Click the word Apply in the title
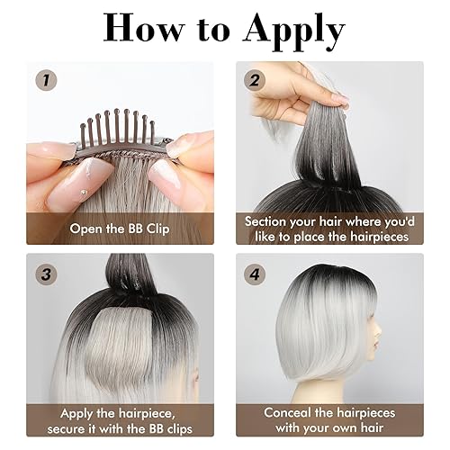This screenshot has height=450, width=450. point(288,30)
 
